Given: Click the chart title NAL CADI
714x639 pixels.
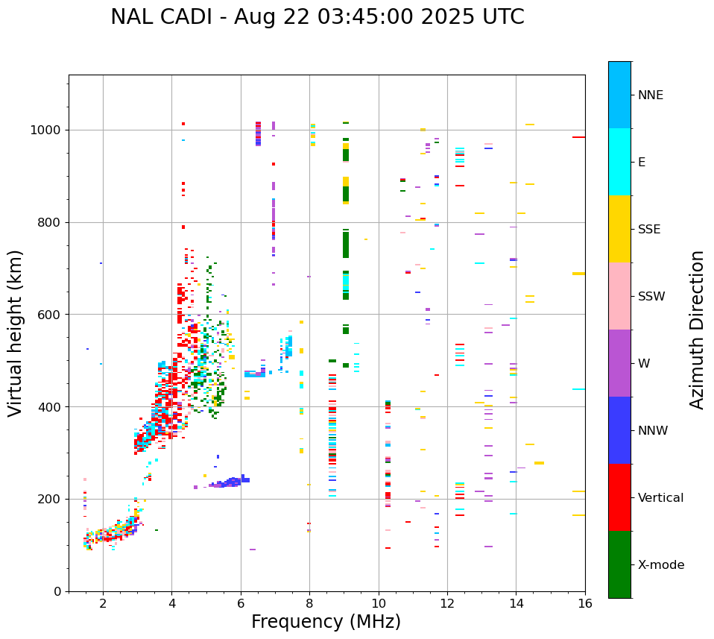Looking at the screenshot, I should tap(317, 17).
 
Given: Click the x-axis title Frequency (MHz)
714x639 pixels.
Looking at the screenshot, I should tap(326, 622).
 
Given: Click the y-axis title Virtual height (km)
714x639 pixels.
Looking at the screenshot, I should tap(16, 333).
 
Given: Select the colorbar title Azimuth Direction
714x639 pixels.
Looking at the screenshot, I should tap(697, 330).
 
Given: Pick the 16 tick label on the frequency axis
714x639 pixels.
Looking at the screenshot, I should tap(585, 603).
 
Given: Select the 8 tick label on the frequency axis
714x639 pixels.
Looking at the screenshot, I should tap(309, 603).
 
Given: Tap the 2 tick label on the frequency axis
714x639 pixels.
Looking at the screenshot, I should tap(103, 603).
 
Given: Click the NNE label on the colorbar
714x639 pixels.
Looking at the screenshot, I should tap(650, 95).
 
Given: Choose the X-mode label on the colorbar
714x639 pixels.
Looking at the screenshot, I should tap(660, 565).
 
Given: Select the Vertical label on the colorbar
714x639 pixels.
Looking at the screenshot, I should tap(660, 498).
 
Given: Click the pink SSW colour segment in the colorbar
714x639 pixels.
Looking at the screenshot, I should tap(619, 296).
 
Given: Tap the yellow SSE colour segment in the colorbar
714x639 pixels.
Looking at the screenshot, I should tap(619, 229).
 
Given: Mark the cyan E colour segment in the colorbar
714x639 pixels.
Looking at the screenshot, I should tap(619, 162).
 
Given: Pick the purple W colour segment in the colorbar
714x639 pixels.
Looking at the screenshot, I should tap(619, 363).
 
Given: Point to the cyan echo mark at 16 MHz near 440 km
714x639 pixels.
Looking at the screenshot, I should tap(578, 389).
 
